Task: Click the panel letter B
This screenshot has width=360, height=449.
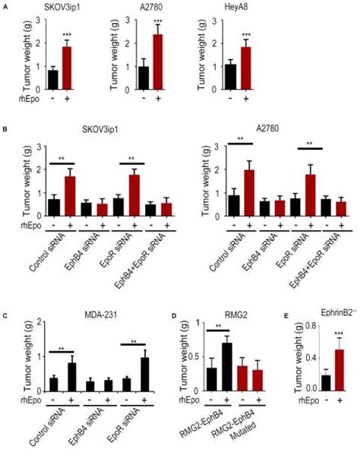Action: coord(5,131)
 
